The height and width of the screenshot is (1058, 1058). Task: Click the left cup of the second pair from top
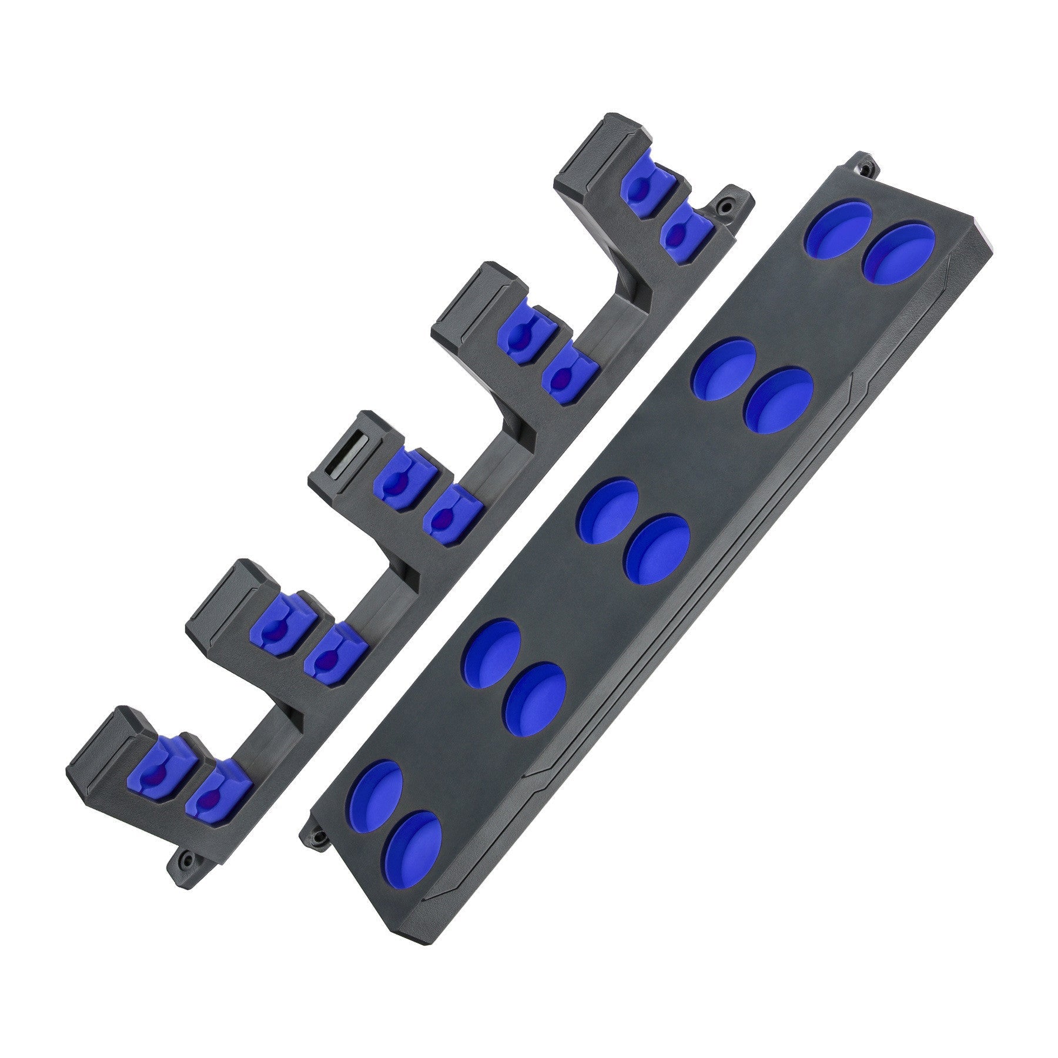[x=724, y=369]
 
